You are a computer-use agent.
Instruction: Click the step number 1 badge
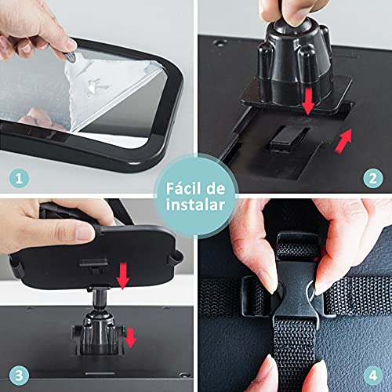click(19, 179)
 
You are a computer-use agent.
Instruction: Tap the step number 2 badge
click(373, 179)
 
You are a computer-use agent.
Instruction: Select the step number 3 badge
click(19, 376)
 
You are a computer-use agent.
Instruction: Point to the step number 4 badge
click(373, 376)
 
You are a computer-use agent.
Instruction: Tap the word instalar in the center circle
click(195, 205)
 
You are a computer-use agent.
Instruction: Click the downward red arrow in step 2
click(308, 101)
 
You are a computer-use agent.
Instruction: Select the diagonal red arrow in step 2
click(343, 140)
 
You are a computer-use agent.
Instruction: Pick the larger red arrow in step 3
click(122, 277)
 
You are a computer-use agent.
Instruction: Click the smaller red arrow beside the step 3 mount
click(131, 338)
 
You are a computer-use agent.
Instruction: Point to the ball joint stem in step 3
click(100, 299)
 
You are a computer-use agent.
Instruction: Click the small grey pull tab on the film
click(71, 57)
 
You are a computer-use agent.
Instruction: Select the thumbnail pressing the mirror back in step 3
click(85, 232)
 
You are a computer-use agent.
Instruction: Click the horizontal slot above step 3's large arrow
click(94, 262)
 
